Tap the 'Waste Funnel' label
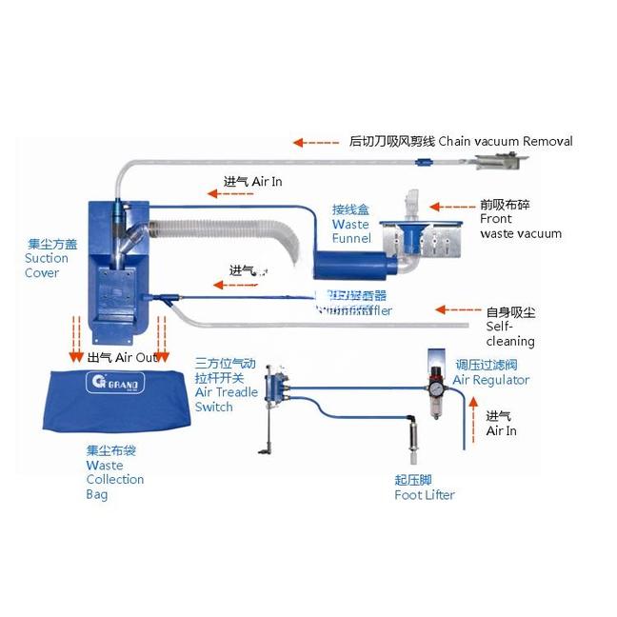[350, 224]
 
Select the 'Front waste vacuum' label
[520, 219]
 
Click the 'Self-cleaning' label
[510, 327]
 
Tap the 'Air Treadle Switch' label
[226, 385]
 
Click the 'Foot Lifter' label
[424, 488]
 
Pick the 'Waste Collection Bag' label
[114, 472]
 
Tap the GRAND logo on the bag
[103, 386]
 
